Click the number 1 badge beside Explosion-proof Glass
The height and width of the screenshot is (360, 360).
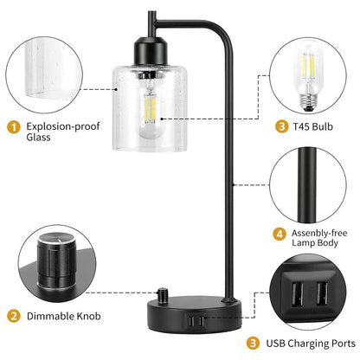click(14, 127)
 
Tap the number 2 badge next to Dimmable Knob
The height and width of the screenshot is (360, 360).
click(14, 316)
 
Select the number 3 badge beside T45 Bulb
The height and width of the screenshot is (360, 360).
click(282, 126)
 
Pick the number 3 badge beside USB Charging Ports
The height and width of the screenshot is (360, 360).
click(253, 344)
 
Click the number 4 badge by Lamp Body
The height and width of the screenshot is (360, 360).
click(280, 235)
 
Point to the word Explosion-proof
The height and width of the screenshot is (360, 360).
click(63, 126)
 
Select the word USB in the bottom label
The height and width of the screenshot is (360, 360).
click(275, 344)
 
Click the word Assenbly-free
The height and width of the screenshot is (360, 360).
click(319, 233)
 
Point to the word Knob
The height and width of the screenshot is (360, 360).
click(88, 316)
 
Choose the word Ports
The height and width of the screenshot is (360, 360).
click(344, 344)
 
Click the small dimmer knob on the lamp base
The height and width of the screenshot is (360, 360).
click(163, 295)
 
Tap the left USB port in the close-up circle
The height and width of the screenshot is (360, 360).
click(298, 293)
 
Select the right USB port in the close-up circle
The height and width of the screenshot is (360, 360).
click(322, 293)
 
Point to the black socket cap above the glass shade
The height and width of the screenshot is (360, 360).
click(151, 51)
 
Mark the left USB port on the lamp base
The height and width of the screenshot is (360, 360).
click(190, 321)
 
